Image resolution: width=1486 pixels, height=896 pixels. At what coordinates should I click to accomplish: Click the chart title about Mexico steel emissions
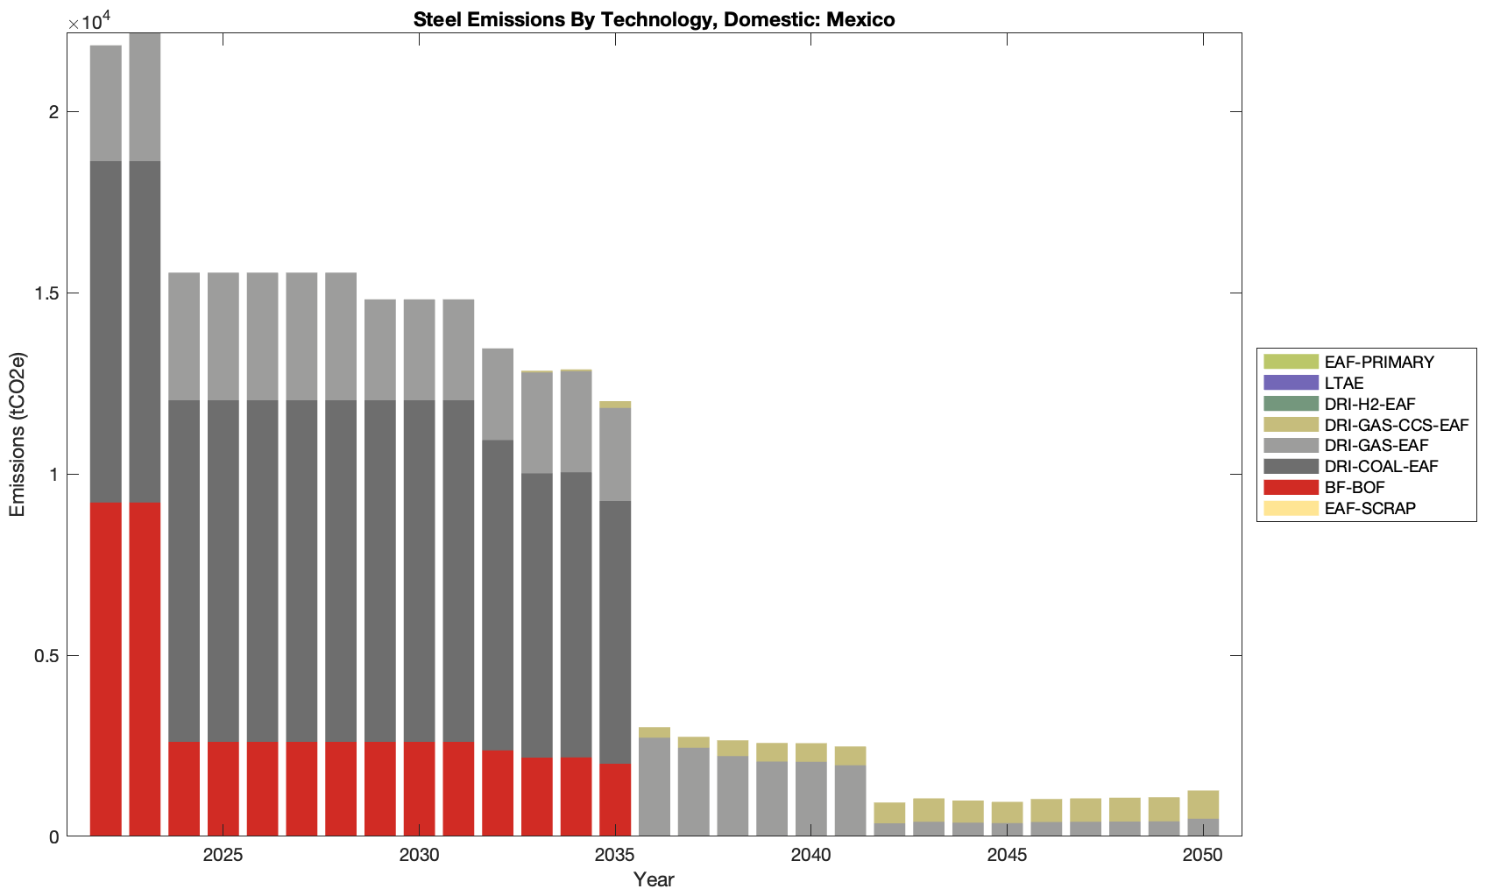pos(654,19)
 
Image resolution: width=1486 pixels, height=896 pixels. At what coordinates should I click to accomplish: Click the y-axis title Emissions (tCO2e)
pos(18,434)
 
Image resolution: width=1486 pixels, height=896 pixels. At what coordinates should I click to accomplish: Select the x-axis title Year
pos(654,879)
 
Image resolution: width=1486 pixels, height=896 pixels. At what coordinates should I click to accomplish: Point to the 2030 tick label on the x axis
pos(419,855)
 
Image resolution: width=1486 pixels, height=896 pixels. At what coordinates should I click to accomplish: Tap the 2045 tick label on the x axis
pos(1007,855)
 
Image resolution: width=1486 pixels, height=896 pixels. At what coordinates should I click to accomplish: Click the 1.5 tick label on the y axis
pos(48,293)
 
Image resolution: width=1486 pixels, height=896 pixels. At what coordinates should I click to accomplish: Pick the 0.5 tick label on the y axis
pos(48,655)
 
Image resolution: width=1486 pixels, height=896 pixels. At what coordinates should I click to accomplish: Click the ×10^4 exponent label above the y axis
pos(85,21)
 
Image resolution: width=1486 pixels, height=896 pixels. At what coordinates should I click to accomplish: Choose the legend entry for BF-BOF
pos(1355,487)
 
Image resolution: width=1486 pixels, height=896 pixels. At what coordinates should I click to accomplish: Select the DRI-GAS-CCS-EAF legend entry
pos(1396,425)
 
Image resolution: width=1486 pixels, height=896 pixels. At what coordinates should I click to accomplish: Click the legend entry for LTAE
pos(1343,383)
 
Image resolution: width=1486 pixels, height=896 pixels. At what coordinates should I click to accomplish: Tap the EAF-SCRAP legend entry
pos(1369,508)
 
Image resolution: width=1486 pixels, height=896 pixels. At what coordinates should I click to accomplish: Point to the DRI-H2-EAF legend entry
pos(1369,404)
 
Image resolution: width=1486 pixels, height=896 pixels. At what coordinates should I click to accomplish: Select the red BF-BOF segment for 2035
pos(615,800)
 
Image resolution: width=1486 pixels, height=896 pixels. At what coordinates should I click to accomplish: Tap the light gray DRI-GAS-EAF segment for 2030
pos(419,349)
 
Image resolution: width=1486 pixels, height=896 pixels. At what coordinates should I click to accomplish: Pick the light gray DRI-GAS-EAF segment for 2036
pos(655,787)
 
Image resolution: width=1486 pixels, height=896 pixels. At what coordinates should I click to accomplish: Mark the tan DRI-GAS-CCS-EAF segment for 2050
pos(1203,804)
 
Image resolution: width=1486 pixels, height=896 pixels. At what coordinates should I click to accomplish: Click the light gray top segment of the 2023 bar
pos(145,96)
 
